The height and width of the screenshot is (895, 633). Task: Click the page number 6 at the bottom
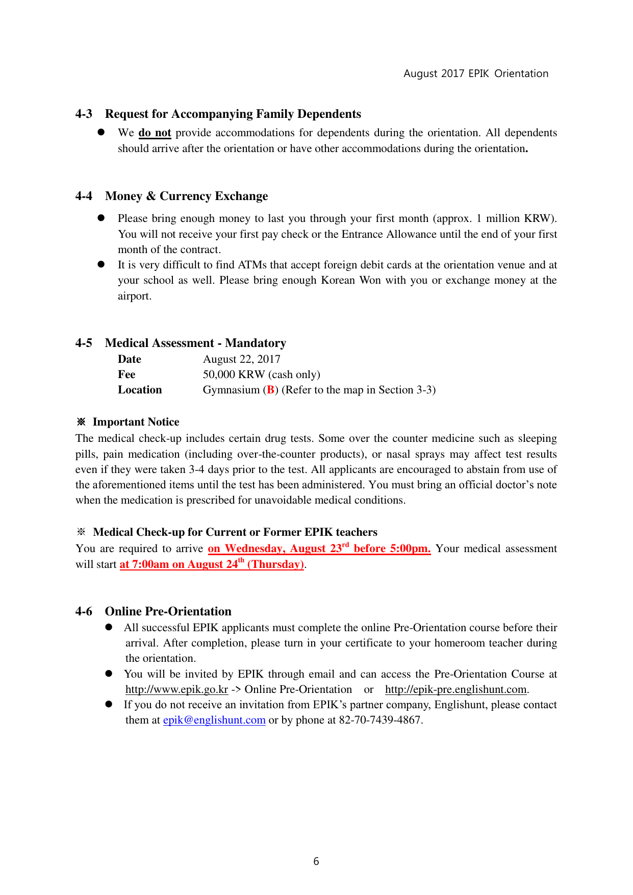click(316, 861)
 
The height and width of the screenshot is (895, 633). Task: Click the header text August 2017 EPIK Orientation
click(475, 73)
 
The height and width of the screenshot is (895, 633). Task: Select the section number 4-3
click(84, 114)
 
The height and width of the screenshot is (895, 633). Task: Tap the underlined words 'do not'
click(155, 133)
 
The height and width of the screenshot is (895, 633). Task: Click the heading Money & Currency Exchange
click(186, 196)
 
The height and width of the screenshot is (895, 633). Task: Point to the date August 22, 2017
click(241, 359)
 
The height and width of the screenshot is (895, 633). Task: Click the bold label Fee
click(126, 375)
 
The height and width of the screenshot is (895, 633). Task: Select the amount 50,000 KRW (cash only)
click(261, 375)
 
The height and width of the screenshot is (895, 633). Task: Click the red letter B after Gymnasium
click(270, 390)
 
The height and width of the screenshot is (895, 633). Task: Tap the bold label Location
click(140, 390)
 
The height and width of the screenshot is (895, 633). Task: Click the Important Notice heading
click(136, 422)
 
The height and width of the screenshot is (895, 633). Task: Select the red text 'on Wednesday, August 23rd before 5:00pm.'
click(319, 549)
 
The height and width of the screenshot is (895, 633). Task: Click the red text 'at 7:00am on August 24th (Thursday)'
click(212, 564)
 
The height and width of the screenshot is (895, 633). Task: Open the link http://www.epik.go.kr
click(176, 689)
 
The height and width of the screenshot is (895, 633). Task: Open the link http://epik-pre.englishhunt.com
click(455, 689)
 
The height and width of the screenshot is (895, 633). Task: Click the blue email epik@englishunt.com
click(214, 720)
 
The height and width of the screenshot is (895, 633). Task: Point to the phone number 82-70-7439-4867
click(381, 720)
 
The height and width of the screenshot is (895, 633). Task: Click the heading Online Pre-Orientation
click(168, 611)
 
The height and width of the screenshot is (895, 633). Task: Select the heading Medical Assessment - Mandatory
click(195, 343)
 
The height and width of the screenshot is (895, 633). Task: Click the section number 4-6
click(84, 611)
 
